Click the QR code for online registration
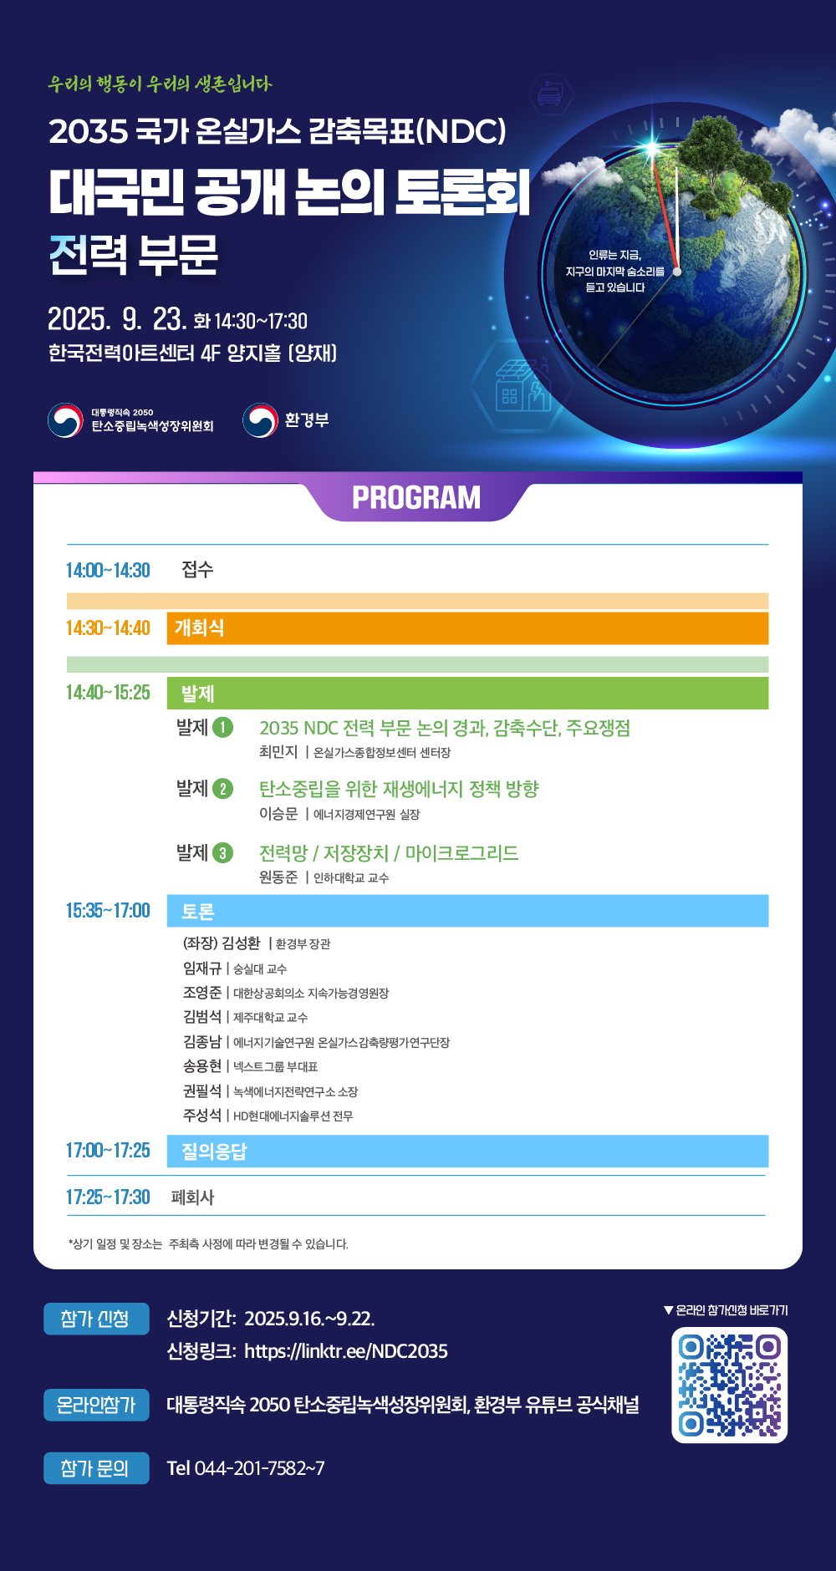pyautogui.click(x=729, y=1385)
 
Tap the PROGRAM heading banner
pyautogui.click(x=416, y=498)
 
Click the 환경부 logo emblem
pyautogui.click(x=260, y=420)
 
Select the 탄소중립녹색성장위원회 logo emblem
pyautogui.click(x=65, y=420)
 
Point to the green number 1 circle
pyautogui.click(x=222, y=727)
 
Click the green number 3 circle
pyautogui.click(x=222, y=853)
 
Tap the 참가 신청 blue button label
pyautogui.click(x=96, y=1319)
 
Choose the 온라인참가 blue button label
pyautogui.click(x=96, y=1405)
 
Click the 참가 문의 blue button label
pyautogui.click(x=96, y=1468)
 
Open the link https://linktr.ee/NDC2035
pyautogui.click(x=346, y=1351)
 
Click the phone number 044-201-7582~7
pyautogui.click(x=260, y=1468)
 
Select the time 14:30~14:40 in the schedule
pyautogui.click(x=108, y=628)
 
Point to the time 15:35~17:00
pyautogui.click(x=108, y=910)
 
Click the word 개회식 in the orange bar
pyautogui.click(x=199, y=628)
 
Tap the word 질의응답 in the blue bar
pyautogui.click(x=214, y=1152)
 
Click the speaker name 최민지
pyautogui.click(x=278, y=752)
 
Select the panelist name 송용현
pyautogui.click(x=202, y=1066)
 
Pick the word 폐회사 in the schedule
pyautogui.click(x=192, y=1197)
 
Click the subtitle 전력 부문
pyautogui.click(x=134, y=255)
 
